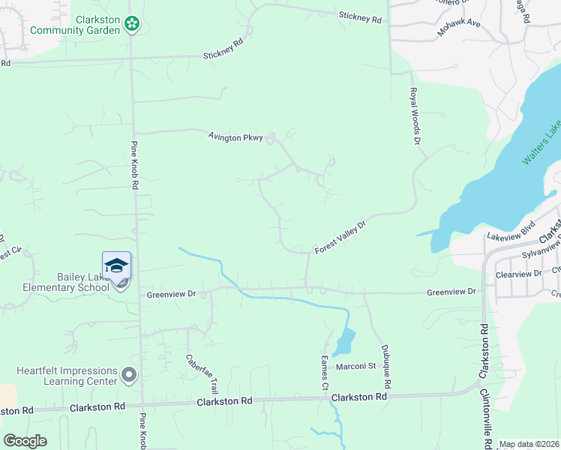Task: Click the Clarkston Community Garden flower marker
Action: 131,25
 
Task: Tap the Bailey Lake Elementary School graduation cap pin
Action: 116,267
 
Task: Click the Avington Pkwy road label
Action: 235,137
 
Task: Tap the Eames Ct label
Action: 325,372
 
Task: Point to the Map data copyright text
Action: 529,444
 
